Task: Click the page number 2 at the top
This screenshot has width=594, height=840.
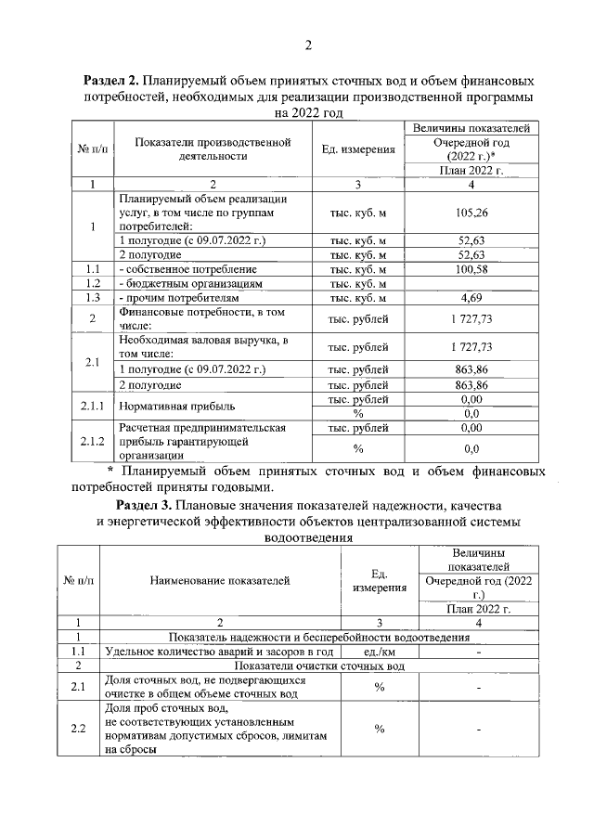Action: tap(307, 45)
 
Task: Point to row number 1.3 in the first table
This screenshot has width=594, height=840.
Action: tap(92, 298)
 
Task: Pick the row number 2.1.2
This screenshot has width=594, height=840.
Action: tap(92, 442)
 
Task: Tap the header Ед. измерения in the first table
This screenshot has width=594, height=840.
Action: tap(358, 149)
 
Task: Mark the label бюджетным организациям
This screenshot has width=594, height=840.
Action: tap(191, 283)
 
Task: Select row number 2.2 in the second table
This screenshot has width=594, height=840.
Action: tap(79, 728)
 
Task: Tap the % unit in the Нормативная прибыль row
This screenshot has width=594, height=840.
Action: tap(358, 413)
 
